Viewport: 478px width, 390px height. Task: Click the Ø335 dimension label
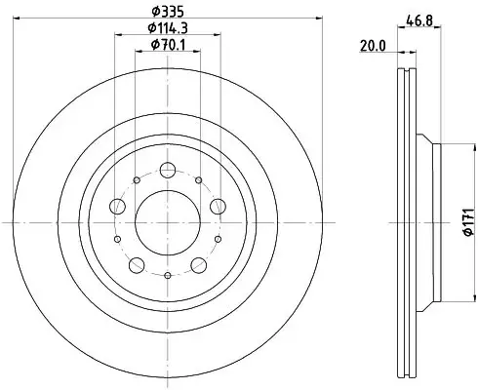[168, 12]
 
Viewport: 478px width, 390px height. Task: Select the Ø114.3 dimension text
[168, 28]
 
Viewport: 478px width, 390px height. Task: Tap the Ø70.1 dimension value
[168, 45]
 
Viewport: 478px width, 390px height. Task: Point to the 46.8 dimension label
[419, 21]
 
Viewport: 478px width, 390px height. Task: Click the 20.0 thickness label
[373, 46]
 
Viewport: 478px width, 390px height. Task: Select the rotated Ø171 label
[468, 222]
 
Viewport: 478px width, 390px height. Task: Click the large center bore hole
[168, 222]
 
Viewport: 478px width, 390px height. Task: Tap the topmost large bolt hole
[168, 170]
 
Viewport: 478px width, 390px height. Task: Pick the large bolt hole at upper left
[118, 207]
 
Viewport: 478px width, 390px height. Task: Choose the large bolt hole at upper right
[218, 207]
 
